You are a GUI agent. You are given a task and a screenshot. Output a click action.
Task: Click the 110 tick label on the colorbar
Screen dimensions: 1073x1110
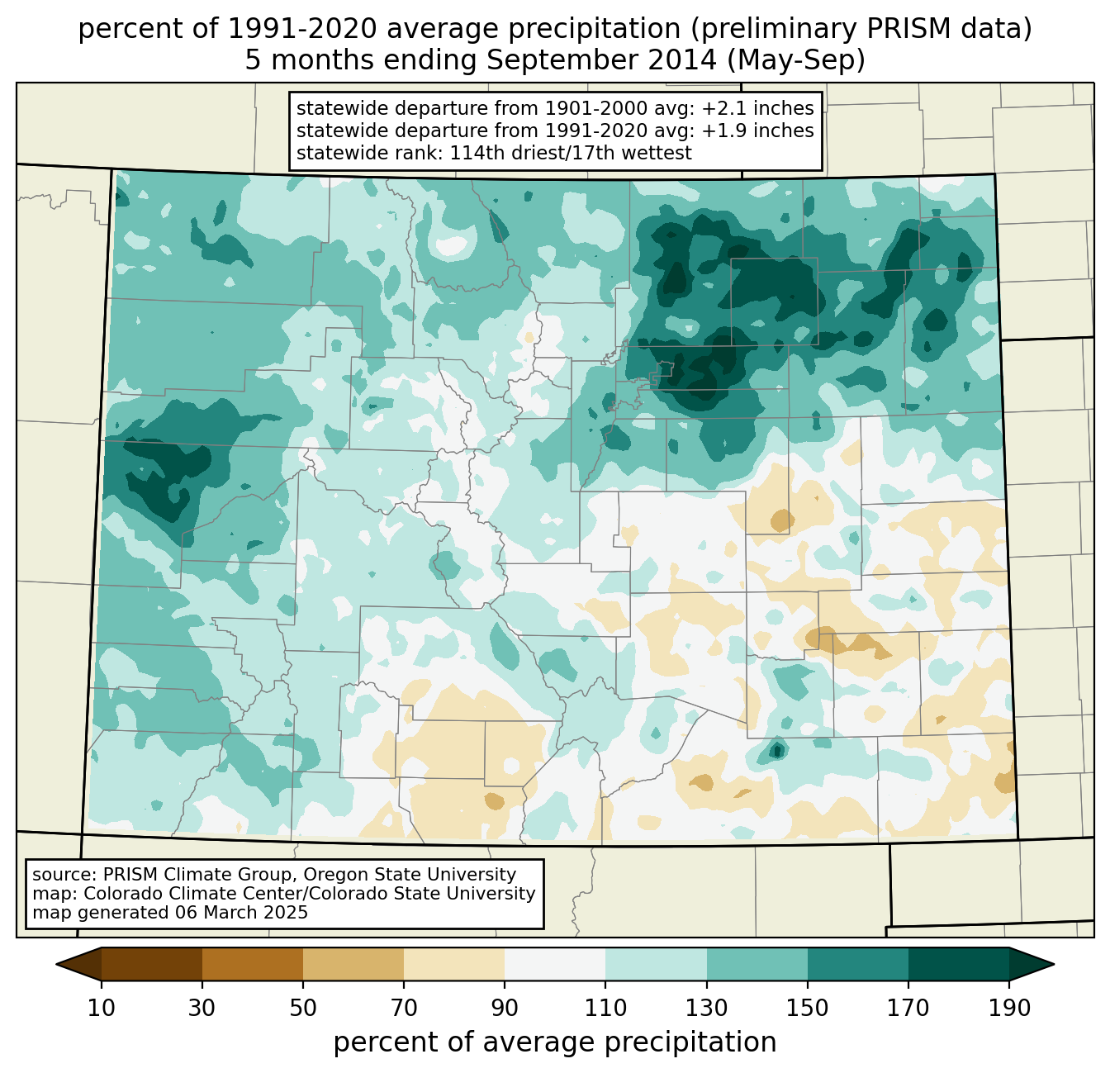pyautogui.click(x=606, y=1009)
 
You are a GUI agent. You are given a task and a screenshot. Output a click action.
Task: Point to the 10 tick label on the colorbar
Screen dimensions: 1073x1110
pyautogui.click(x=102, y=1009)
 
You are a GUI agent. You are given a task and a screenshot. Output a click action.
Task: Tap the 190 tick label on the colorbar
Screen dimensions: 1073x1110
pyautogui.click(x=1009, y=1009)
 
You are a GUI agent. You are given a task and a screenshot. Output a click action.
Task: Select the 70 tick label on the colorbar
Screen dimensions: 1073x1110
pyautogui.click(x=404, y=1009)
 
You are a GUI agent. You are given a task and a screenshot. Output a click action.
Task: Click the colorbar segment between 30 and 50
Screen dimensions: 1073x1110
pyautogui.click(x=253, y=964)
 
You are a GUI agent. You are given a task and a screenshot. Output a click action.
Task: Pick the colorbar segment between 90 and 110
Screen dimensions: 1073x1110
pyautogui.click(x=555, y=964)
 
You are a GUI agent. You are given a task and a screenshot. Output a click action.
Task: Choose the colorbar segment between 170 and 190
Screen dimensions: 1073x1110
pyautogui.click(x=959, y=964)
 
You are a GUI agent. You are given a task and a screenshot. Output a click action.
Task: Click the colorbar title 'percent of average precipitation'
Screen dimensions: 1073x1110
pyautogui.click(x=555, y=1042)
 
